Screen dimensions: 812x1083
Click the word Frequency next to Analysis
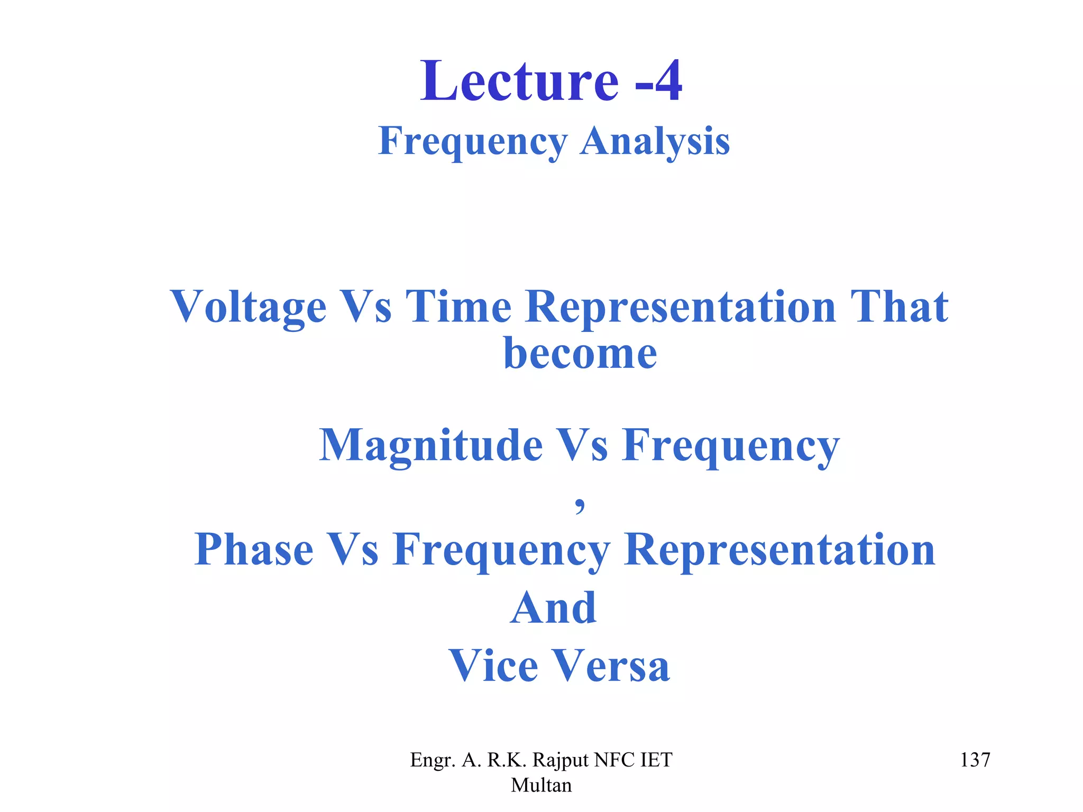coord(473,141)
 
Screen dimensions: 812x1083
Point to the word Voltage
coord(248,307)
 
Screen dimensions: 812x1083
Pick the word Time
coord(458,307)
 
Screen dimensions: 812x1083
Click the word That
coord(899,307)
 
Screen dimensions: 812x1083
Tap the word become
coord(580,353)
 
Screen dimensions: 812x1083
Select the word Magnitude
coord(431,445)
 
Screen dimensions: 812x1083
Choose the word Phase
coord(253,550)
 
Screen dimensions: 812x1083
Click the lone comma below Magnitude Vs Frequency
coord(580,505)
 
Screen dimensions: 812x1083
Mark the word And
coord(553,608)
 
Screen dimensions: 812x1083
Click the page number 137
coord(975,760)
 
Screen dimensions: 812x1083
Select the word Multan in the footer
coord(541,785)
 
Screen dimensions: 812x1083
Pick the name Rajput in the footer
coord(560,760)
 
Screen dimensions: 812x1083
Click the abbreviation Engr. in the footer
coord(433,760)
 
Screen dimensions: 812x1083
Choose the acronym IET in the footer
coord(656,760)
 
